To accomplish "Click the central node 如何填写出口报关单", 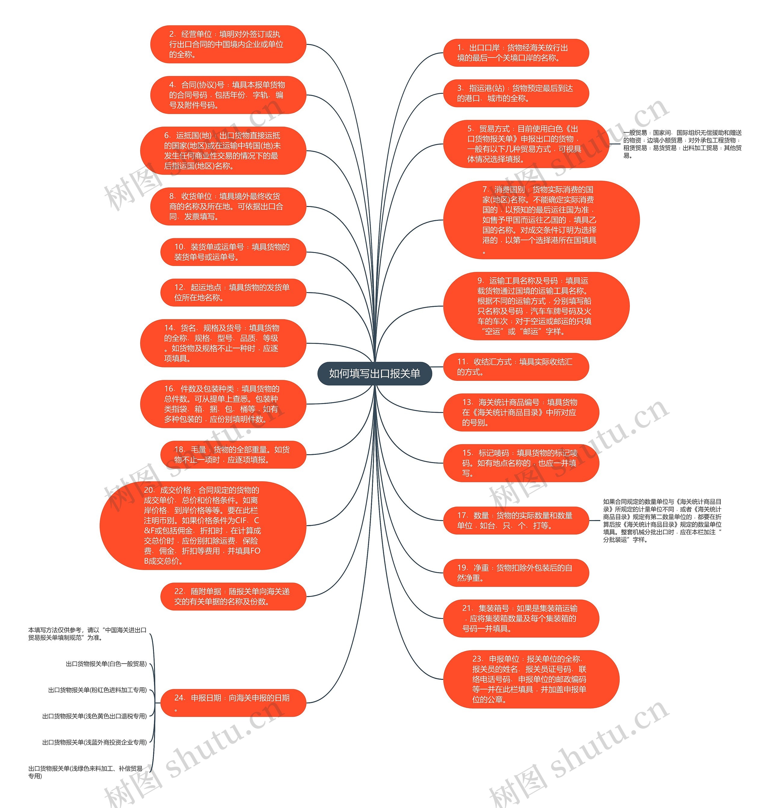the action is coord(374,373).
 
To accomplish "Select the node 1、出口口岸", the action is coord(516,53).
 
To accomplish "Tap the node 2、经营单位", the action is coord(228,44).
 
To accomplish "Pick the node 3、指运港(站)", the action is coord(516,93).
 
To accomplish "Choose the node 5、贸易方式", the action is coord(526,144).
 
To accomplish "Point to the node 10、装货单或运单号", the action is coord(233,252).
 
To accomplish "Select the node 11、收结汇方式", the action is coord(516,367).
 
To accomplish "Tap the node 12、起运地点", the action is coord(233,292).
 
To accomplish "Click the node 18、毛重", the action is coord(233,455).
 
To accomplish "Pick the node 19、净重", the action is coord(516,573).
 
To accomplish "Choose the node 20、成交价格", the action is coord(203,525).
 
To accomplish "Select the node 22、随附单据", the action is coord(233,596).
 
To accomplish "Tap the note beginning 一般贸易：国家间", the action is coord(682,144).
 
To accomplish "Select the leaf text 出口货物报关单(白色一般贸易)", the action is coord(106,664).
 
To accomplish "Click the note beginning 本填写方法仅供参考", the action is coord(87,634).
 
